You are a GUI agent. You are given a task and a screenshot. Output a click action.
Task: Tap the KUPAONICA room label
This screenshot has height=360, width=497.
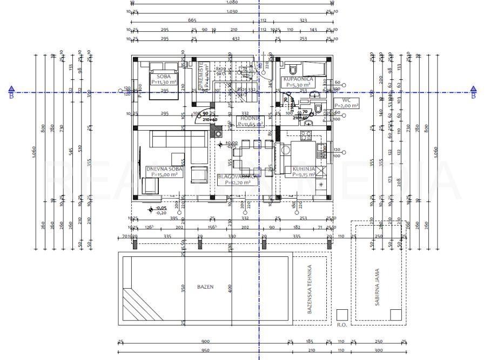coord(297,79)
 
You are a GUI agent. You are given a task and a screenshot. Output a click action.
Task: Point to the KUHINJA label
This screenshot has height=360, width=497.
coord(304,168)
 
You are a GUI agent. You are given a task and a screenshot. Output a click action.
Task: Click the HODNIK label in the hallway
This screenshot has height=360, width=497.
coord(249,118)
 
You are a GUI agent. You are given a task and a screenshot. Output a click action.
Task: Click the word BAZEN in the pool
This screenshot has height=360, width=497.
coord(205,287)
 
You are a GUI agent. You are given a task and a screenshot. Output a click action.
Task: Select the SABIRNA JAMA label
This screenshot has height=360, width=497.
coord(378,287)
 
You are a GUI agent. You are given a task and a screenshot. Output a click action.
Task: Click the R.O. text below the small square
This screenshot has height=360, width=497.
coord(341,325)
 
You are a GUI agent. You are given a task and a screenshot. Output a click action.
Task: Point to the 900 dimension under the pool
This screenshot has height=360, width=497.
coord(205,342)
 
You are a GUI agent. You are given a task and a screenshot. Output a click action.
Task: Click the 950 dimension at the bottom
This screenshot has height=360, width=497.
coord(205,351)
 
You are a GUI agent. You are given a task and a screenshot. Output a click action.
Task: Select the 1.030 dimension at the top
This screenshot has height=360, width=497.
coord(232,11)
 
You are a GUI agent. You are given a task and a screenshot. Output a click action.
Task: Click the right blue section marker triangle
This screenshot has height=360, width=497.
coord(473,89)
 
